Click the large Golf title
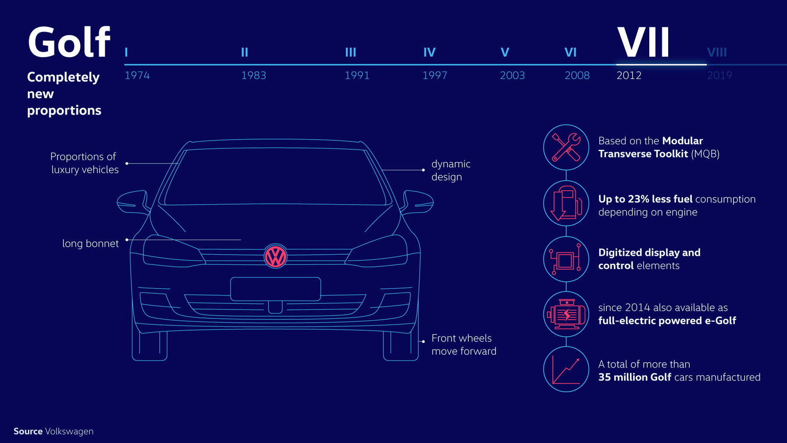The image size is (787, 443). pyautogui.click(x=68, y=43)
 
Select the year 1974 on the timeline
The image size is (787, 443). pyautogui.click(x=137, y=76)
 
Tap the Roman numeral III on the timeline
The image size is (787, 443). pyautogui.click(x=350, y=53)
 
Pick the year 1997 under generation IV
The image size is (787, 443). pyautogui.click(x=434, y=76)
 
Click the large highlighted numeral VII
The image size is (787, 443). pyautogui.click(x=643, y=42)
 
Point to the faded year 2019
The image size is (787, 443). pyautogui.click(x=719, y=76)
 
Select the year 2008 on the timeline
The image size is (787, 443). pyautogui.click(x=577, y=76)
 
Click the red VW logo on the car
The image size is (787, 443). pyautogui.click(x=275, y=256)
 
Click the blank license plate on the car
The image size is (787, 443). pyautogui.click(x=275, y=289)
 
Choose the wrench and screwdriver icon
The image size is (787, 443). pyautogui.click(x=566, y=147)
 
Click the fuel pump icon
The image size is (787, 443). pyautogui.click(x=566, y=203)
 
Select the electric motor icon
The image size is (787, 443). pyautogui.click(x=566, y=314)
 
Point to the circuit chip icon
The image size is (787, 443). pyautogui.click(x=566, y=259)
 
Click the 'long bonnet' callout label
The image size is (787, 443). pyautogui.click(x=90, y=244)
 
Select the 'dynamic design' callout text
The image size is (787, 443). pyautogui.click(x=451, y=170)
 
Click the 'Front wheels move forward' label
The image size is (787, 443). pyautogui.click(x=464, y=345)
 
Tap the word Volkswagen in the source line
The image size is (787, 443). pyautogui.click(x=69, y=431)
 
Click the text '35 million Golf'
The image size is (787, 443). pyautogui.click(x=634, y=377)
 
